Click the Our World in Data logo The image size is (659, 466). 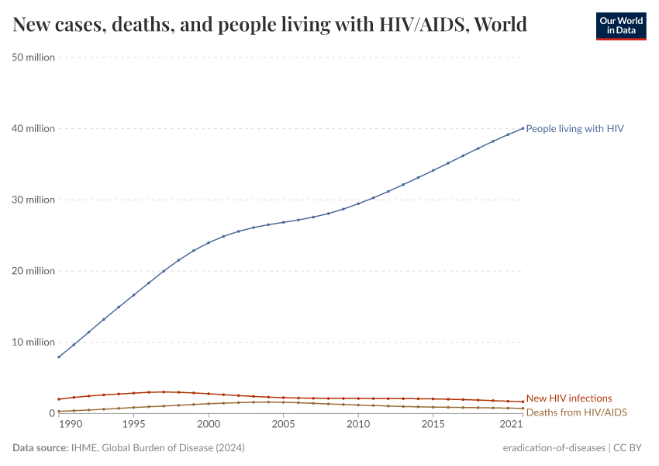620,25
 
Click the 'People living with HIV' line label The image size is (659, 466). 574,129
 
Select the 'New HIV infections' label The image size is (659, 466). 568,398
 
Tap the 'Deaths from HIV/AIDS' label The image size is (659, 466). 576,412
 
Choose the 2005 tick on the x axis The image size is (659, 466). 283,425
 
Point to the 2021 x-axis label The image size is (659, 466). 511,425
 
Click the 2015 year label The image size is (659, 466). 433,425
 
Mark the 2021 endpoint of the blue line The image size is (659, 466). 523,128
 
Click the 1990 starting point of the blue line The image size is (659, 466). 59,357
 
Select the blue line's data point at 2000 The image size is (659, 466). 209,242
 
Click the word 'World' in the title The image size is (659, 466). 500,25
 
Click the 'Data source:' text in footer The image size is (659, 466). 40,448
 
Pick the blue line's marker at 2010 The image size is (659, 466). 358,203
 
